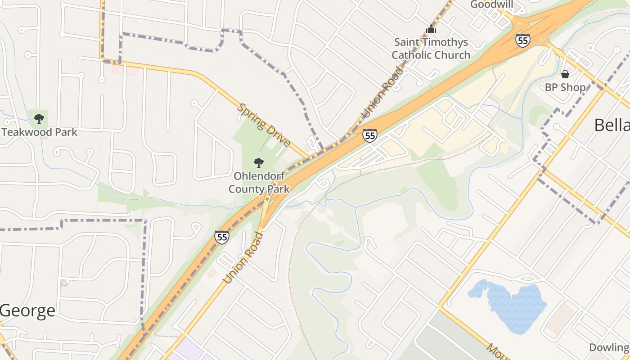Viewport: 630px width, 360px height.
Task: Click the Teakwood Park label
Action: [39, 132]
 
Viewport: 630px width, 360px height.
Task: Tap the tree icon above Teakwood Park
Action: [39, 119]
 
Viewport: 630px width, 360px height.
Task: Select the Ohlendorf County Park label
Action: [259, 182]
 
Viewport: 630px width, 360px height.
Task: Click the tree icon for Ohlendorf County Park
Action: [259, 162]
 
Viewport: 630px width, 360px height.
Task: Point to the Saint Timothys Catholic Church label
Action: [431, 49]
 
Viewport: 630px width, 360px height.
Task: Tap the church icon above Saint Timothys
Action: [431, 29]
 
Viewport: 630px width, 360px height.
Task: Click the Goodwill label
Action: [491, 4]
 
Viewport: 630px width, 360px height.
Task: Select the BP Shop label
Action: [565, 87]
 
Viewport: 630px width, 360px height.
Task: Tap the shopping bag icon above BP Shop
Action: [565, 74]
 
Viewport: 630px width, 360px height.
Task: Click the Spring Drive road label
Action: [264, 125]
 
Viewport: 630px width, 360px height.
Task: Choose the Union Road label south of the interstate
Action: [243, 257]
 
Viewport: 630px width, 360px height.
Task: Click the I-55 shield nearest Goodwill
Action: [522, 40]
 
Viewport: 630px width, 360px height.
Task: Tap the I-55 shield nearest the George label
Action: [221, 237]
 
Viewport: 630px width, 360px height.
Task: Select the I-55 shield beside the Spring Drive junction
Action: [370, 135]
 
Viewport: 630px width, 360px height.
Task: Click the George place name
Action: [28, 310]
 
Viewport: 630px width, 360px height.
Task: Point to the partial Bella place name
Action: [612, 125]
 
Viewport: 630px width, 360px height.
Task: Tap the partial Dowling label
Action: [609, 347]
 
